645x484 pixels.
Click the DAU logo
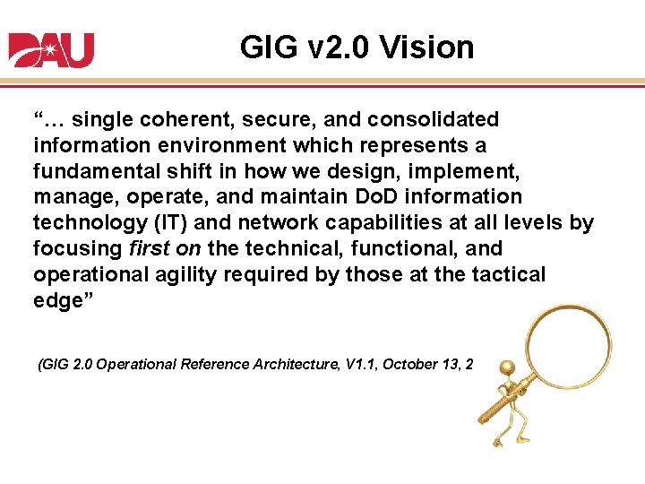(51, 50)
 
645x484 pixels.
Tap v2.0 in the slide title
(334, 48)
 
